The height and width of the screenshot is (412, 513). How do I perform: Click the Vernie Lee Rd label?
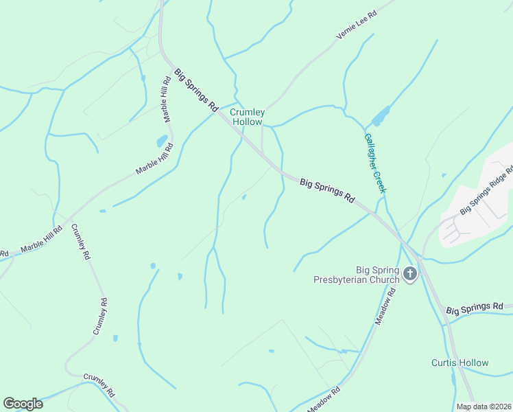[357, 25]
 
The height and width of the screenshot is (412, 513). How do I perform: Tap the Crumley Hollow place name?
[246, 117]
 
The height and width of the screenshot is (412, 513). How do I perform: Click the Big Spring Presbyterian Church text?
[356, 275]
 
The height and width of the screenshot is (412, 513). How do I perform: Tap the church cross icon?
[409, 275]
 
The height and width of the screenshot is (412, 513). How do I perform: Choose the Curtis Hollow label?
[460, 363]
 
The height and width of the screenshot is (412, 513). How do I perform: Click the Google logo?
[23, 404]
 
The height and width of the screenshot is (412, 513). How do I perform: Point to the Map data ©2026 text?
[484, 407]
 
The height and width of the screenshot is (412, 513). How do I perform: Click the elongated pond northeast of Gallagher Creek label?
[381, 113]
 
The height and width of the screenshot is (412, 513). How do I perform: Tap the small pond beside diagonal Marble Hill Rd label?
[162, 141]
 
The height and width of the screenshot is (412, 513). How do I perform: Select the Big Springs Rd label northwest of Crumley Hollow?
[196, 90]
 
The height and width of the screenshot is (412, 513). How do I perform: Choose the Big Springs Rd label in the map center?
[326, 190]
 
